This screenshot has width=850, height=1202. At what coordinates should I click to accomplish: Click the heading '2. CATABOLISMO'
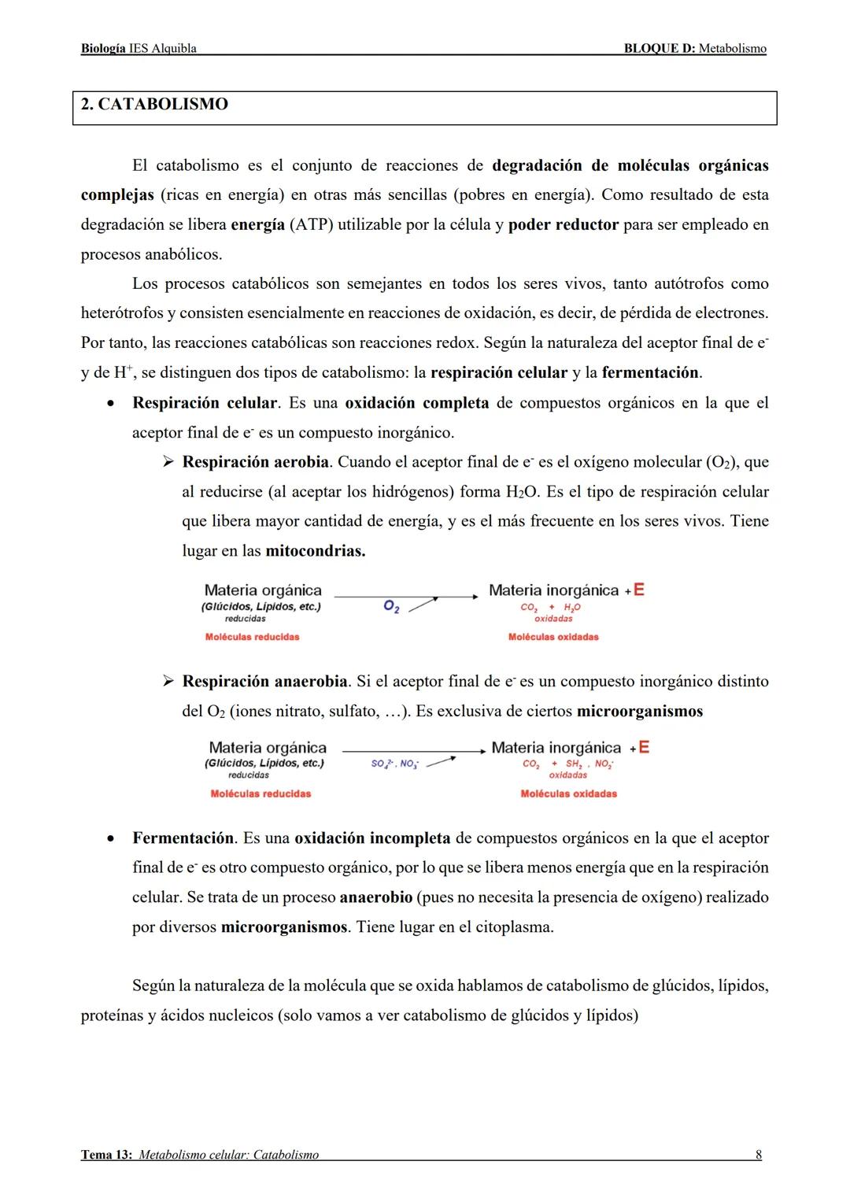(154, 105)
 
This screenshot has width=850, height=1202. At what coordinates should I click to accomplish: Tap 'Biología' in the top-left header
(102, 49)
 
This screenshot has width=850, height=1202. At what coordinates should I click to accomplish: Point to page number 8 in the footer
(758, 1155)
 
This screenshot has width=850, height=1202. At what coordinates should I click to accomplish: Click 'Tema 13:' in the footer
(106, 1155)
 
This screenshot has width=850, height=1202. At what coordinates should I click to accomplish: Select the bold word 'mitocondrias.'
(315, 551)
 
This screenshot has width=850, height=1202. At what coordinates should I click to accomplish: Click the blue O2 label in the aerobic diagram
(391, 605)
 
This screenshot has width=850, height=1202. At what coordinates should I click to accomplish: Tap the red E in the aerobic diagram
(639, 590)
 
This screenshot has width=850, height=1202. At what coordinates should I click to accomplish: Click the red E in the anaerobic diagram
(644, 747)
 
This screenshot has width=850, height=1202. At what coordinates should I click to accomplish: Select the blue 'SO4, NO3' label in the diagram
(394, 764)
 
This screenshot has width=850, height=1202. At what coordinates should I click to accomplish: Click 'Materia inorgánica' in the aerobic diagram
(553, 590)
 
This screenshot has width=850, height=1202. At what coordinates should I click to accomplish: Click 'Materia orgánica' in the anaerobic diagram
(268, 748)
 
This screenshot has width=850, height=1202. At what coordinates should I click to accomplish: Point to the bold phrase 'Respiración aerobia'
(256, 462)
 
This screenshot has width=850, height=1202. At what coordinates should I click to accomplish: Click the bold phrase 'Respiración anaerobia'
(264, 682)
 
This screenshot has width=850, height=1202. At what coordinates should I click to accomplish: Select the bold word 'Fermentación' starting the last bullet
(183, 838)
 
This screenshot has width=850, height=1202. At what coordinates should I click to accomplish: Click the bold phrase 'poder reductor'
(564, 225)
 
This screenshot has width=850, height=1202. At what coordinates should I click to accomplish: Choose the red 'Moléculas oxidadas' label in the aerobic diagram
(553, 637)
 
